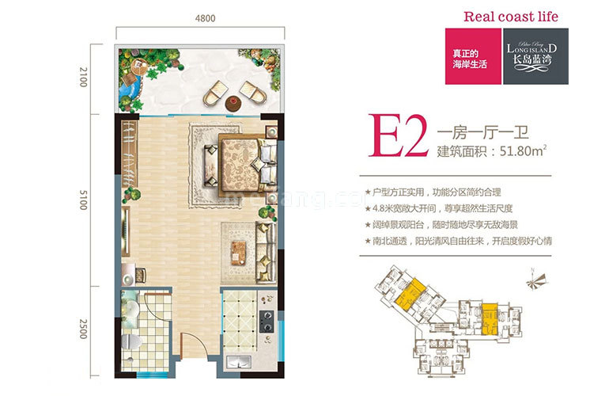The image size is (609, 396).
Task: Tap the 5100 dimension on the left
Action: click(83, 201)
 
